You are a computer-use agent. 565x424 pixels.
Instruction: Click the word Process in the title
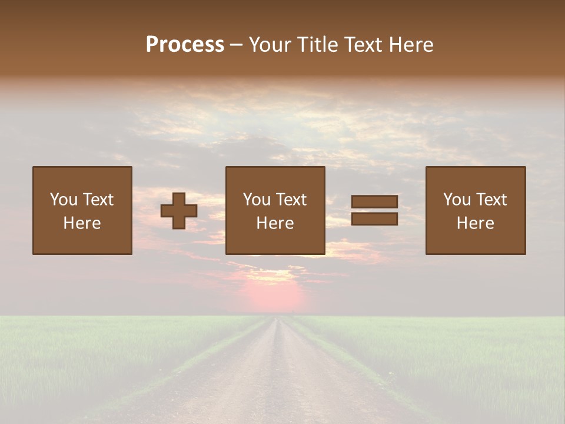(x=185, y=45)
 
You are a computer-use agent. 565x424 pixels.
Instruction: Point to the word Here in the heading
(x=409, y=45)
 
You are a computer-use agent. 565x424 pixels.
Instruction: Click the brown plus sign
(x=179, y=211)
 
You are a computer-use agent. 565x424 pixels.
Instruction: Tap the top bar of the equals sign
(x=374, y=201)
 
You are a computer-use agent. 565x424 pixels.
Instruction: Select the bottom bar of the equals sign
(x=374, y=219)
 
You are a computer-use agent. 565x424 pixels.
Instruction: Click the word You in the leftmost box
(x=63, y=200)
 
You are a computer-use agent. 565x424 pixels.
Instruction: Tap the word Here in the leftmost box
(x=82, y=223)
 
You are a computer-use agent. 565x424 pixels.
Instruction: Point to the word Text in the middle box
(x=292, y=200)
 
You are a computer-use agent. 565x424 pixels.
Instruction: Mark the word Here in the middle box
(x=275, y=223)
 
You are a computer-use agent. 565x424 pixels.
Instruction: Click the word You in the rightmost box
(x=457, y=200)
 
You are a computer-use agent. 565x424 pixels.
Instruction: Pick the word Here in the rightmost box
(x=475, y=223)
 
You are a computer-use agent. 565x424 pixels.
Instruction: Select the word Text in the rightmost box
(x=492, y=200)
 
